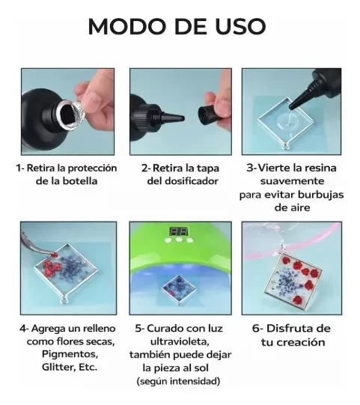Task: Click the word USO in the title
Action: click(x=242, y=26)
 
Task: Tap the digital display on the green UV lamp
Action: click(x=177, y=233)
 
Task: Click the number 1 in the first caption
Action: click(x=19, y=168)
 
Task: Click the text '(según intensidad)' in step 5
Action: click(x=179, y=382)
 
